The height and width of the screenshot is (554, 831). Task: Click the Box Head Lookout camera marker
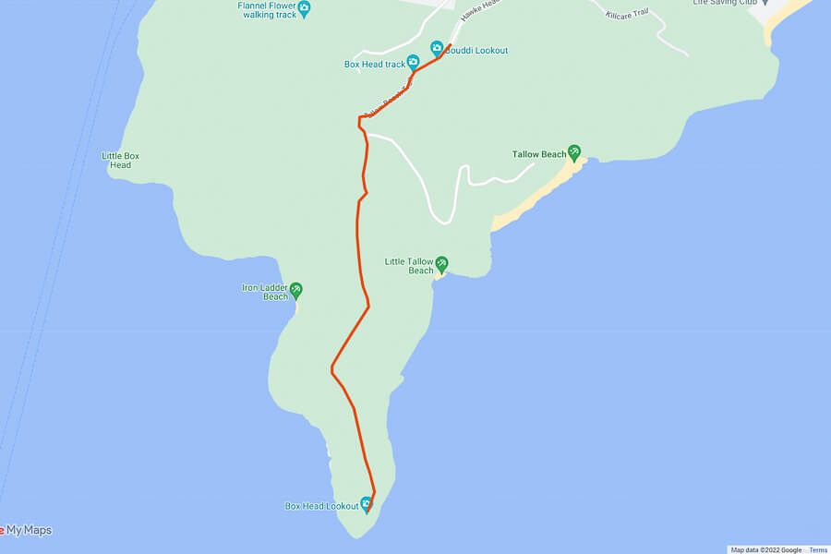click(367, 504)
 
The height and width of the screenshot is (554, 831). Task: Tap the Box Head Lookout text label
click(321, 506)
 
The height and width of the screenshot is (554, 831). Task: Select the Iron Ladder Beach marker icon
click(296, 290)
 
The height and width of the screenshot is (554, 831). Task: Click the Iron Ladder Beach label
click(264, 292)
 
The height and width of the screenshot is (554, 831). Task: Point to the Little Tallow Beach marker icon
click(441, 264)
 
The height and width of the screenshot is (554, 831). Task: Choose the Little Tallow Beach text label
click(409, 266)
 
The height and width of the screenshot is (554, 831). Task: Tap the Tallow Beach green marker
click(574, 151)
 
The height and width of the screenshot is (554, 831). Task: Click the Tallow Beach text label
click(539, 154)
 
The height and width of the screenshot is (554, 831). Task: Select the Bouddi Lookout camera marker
click(437, 47)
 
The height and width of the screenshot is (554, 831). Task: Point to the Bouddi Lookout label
click(477, 51)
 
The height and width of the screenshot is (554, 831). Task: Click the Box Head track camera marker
click(414, 62)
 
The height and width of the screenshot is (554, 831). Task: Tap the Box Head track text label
click(375, 64)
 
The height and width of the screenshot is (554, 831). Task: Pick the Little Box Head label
click(121, 160)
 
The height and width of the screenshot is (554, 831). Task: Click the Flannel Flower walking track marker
click(305, 8)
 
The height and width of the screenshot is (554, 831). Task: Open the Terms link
click(818, 549)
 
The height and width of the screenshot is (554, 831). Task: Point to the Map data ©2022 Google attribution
click(766, 549)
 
